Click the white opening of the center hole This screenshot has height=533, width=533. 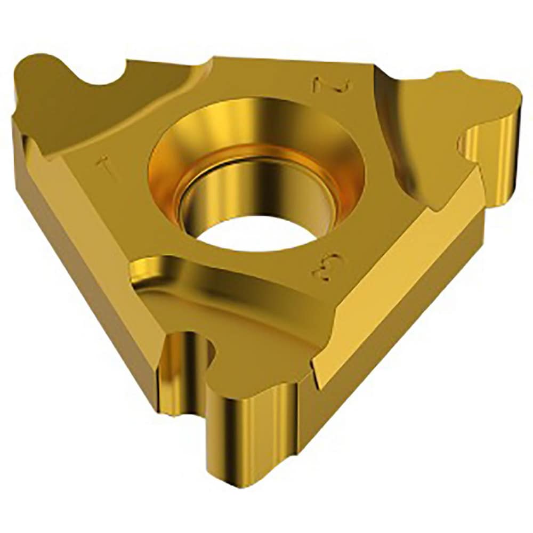(251, 229)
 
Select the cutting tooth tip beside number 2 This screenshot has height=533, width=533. (496, 96)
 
